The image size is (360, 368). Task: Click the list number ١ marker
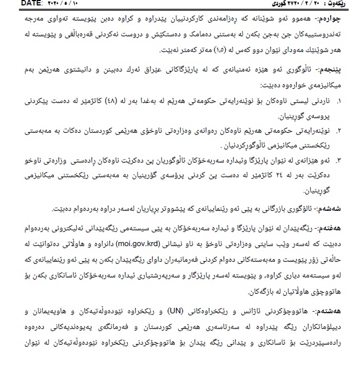click(x=339, y=101)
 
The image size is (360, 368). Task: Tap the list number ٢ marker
click(x=339, y=131)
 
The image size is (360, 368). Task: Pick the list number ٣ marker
click(x=339, y=161)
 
